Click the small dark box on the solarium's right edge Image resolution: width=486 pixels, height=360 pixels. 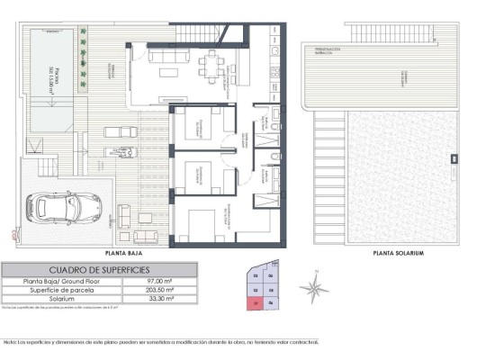453,161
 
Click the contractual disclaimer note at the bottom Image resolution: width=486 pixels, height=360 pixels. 162,341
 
